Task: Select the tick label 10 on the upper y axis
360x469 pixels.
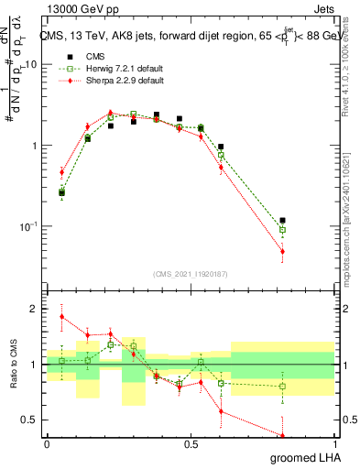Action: (31, 65)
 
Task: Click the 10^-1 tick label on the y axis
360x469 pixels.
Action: (27, 226)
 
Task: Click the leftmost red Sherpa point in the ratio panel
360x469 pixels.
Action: (61, 317)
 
